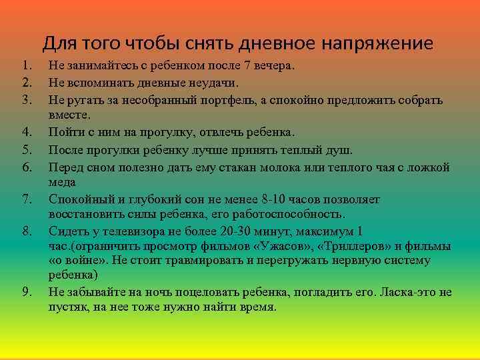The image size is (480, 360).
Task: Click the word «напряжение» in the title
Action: (378, 45)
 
